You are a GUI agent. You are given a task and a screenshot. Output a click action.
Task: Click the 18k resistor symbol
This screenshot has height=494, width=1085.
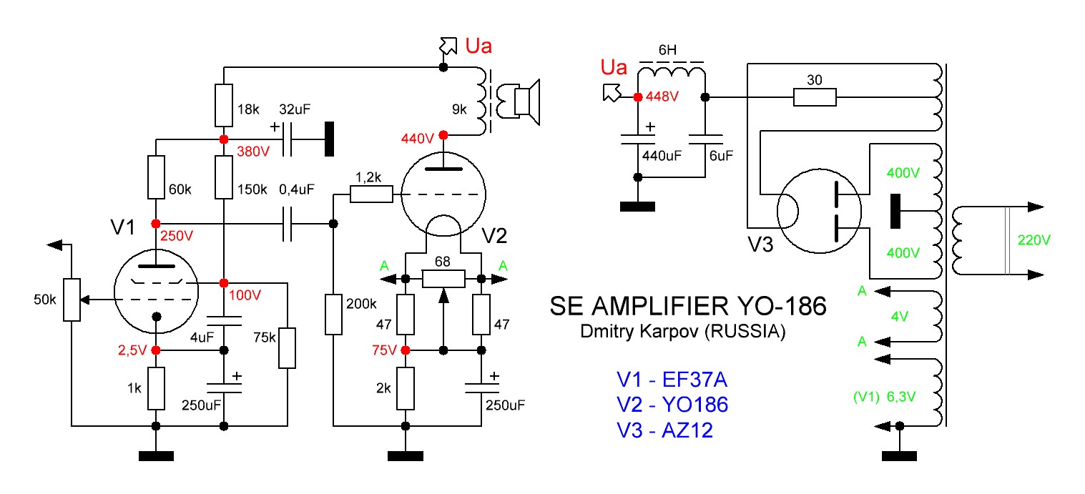(224, 104)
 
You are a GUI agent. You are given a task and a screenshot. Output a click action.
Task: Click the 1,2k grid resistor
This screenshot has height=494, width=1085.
(371, 194)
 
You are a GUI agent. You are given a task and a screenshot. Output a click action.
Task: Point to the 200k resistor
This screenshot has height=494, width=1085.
(334, 315)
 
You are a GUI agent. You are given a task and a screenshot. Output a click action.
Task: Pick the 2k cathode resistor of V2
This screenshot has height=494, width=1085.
(406, 388)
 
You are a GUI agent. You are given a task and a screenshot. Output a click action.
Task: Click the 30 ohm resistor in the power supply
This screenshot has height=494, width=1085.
(815, 97)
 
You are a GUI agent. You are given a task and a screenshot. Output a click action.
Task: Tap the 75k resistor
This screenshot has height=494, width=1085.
(287, 348)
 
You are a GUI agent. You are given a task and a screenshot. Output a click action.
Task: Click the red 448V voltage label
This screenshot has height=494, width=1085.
(662, 97)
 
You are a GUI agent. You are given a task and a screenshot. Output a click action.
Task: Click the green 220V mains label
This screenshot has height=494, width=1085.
(1030, 240)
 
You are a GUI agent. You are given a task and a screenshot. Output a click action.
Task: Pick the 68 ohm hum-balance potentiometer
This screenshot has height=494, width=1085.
(443, 278)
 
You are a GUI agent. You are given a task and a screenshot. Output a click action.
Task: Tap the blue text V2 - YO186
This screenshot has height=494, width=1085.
(672, 405)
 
